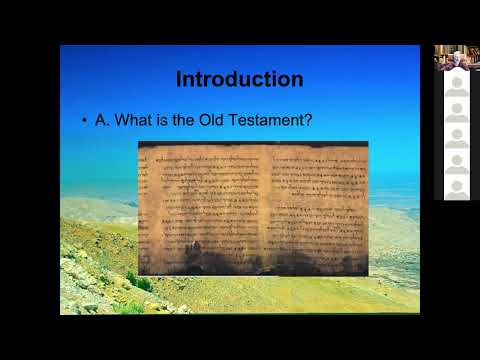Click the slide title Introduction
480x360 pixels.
point(240,78)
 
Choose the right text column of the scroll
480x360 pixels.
point(315,205)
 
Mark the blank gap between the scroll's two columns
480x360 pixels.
point(262,205)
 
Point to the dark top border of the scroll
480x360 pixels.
point(253,144)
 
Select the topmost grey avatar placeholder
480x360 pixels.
point(456,84)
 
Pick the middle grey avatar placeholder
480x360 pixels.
point(456,136)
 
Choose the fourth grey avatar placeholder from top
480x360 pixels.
point(456,162)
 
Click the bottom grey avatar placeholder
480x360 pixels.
point(456,187)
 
